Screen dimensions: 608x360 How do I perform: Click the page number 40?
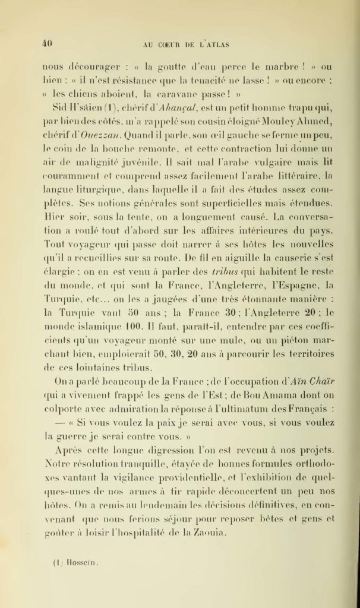[x=48, y=42]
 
